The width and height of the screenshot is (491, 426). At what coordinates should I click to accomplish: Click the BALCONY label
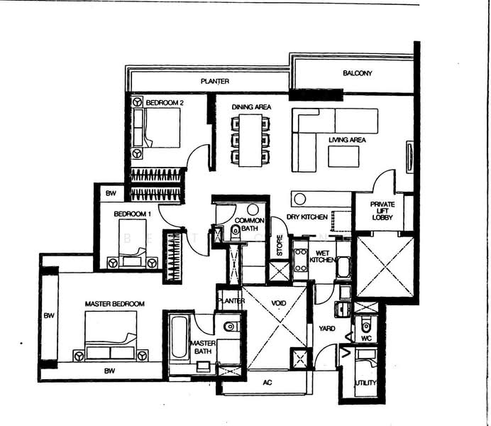point(357,73)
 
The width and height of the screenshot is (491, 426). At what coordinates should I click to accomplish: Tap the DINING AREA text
point(251,107)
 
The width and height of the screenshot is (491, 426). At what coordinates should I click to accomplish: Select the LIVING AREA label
point(347,140)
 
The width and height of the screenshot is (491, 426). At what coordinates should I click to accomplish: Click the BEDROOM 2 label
point(165,103)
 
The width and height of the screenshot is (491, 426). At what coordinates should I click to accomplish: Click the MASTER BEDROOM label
point(114,304)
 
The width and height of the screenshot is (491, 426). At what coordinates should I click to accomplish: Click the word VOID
point(278,303)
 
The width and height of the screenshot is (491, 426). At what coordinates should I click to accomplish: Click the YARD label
point(326,329)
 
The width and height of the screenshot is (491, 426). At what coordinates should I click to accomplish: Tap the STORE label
point(280,246)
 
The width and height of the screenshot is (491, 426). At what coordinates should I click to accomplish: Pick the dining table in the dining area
point(250,140)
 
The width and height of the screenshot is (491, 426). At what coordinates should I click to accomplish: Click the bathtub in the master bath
point(180,339)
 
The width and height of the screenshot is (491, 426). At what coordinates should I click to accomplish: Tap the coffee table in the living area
point(343,156)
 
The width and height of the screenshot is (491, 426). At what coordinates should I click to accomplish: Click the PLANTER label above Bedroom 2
point(214,82)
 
